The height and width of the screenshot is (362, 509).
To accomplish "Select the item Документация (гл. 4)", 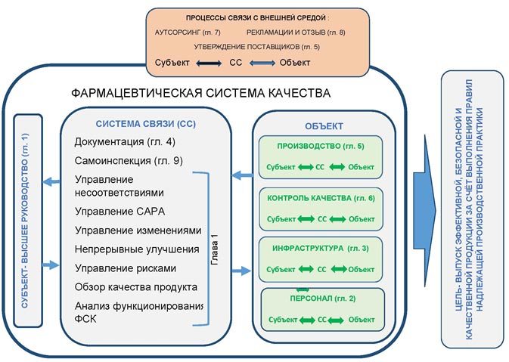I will point(125,142).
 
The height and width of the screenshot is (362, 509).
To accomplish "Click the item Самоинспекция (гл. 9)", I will point(129,160).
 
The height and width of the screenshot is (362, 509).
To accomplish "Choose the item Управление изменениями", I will point(138,230).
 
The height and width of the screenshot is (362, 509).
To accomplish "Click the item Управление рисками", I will point(125,268).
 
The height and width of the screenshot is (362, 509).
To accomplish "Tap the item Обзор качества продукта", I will point(136,287).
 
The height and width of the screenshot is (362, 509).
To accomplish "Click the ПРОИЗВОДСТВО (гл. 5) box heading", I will point(315,144).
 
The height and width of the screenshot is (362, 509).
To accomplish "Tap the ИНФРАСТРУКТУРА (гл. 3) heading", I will point(316,248).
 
